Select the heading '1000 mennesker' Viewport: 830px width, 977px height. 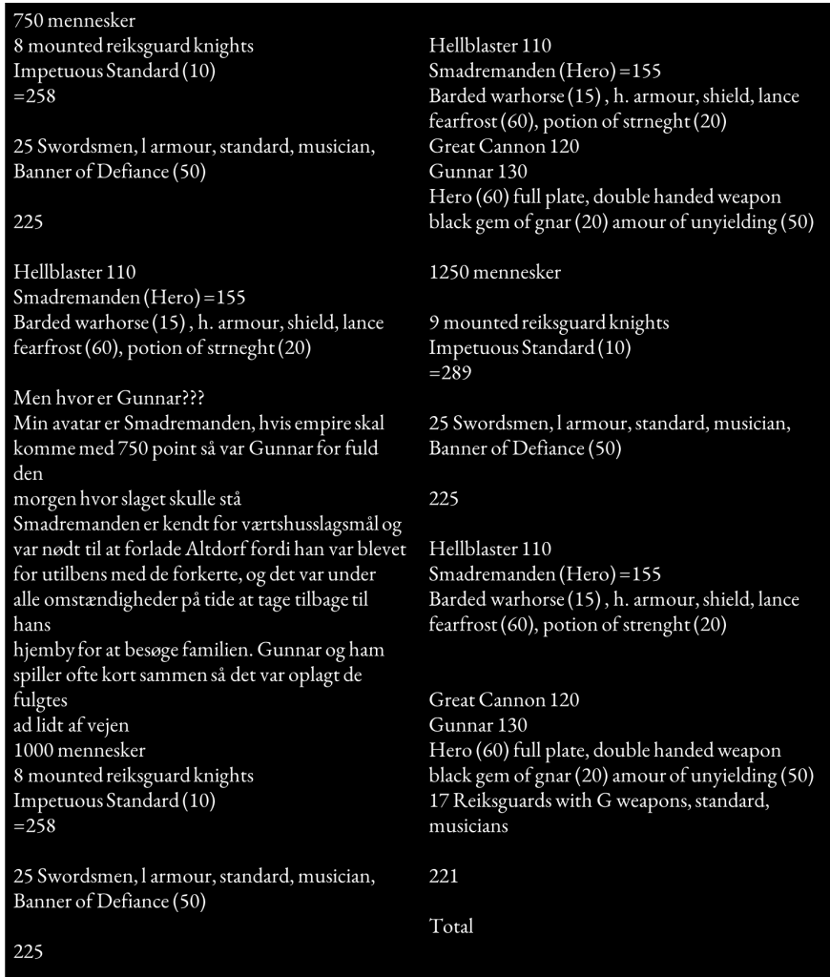click(x=79, y=750)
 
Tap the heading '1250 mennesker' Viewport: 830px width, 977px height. click(x=495, y=272)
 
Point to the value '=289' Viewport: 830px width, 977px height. click(x=451, y=373)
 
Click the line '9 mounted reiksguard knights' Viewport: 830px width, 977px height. click(x=549, y=322)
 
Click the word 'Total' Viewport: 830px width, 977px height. click(x=451, y=925)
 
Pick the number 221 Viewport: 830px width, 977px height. click(x=444, y=875)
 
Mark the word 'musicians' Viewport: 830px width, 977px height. click(x=468, y=825)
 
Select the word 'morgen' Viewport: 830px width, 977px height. click(x=42, y=499)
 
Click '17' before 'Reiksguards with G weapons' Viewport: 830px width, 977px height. click(x=440, y=800)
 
